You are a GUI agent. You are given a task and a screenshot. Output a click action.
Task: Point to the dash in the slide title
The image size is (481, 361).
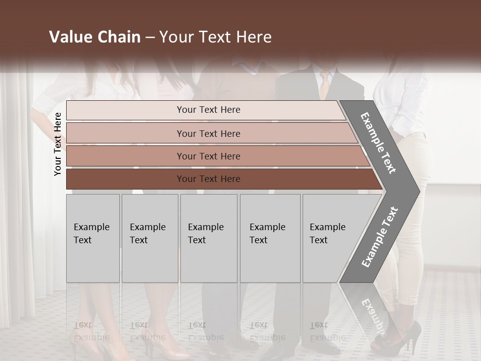coord(150,38)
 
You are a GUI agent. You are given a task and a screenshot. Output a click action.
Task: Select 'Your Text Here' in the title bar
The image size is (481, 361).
coord(215,37)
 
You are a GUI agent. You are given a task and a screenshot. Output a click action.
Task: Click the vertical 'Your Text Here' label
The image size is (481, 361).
coord(58,144)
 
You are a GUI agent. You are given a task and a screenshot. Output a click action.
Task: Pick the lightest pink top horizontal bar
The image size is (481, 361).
coord(208,110)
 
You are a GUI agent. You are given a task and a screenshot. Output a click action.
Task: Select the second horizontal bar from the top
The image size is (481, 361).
coord(208,133)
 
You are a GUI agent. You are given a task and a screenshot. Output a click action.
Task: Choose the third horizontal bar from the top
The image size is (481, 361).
coord(208,156)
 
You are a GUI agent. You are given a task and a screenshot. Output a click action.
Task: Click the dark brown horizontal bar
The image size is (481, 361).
coord(208,179)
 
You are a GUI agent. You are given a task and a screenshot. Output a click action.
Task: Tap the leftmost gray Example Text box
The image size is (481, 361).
coord(93,238)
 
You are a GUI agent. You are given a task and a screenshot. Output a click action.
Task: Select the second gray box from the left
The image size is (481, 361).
coord(149,238)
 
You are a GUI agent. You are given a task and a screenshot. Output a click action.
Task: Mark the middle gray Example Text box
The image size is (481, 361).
coord(208,238)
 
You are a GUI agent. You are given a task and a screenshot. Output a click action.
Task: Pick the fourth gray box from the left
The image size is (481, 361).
coord(270,238)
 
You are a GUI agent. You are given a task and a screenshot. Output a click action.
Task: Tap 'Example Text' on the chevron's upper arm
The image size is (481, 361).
coord(378,143)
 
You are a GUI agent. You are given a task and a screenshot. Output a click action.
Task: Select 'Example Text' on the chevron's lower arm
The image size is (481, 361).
coord(379,237)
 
